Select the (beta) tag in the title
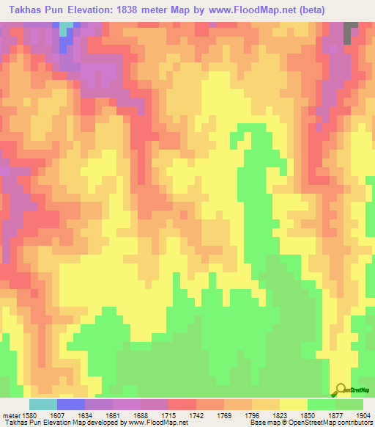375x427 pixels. tap(308, 10)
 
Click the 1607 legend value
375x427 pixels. tap(57, 415)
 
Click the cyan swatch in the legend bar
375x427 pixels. tap(43, 404)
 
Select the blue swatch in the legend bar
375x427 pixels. tap(71, 404)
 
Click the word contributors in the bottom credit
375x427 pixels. tap(354, 423)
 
